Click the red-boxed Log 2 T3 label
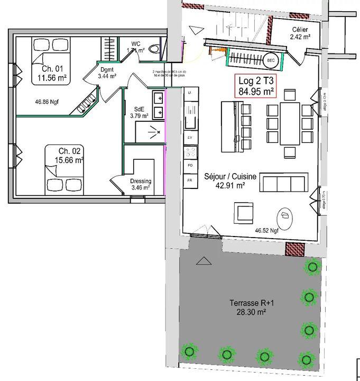click(256, 86)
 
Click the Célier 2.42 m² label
click(300, 33)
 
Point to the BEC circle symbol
click(271, 60)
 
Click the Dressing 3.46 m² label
click(140, 184)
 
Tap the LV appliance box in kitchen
click(189, 137)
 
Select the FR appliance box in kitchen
click(189, 180)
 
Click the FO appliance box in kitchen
click(189, 166)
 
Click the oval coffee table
click(285, 216)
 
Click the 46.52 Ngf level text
click(266, 230)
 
